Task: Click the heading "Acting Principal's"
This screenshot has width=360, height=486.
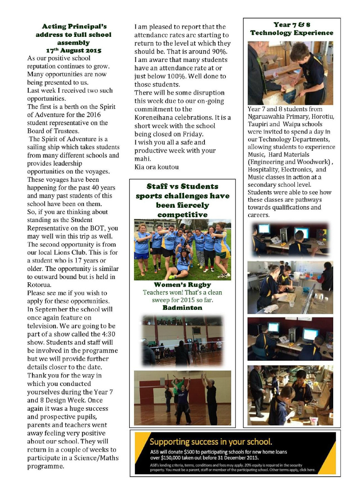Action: coord(71,27)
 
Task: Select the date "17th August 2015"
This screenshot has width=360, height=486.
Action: coord(71,51)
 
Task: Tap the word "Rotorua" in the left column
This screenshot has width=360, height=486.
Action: coord(41,285)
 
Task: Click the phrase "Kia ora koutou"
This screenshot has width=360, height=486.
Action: coord(156,167)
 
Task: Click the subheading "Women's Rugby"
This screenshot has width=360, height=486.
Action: coord(182,285)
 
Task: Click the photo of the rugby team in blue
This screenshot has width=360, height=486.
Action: coord(182,249)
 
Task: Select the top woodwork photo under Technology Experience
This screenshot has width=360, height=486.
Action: coord(290,73)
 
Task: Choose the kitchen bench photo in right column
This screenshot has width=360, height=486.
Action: coord(290,287)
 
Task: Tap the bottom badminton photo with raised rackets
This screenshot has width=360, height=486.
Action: coord(182,398)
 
